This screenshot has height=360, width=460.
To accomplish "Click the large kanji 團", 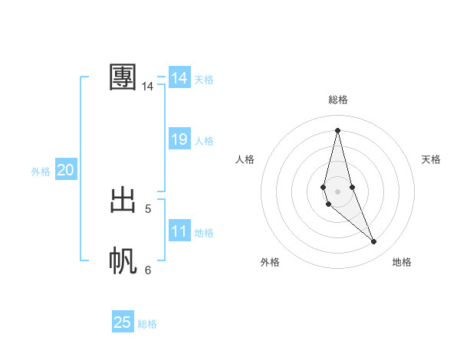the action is (123, 77).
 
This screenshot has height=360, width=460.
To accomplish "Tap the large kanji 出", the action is (123, 200).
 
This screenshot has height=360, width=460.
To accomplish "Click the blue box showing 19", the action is (179, 139).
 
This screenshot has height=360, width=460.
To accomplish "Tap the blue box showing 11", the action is (179, 231).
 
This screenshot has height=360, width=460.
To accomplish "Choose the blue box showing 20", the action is (65, 170).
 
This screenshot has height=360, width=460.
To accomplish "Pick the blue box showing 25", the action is (123, 322).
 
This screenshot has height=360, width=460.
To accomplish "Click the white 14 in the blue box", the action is (179, 78).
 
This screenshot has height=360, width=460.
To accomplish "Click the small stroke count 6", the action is (148, 270).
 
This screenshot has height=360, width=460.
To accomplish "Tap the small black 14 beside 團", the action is (148, 87).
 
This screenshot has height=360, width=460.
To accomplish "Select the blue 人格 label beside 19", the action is (204, 141).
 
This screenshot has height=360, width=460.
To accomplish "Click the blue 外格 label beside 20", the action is (41, 172).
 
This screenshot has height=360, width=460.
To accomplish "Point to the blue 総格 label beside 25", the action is (147, 324).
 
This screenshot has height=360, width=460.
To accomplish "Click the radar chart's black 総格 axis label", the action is (338, 100).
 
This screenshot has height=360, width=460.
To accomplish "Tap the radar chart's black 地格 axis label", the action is (402, 262).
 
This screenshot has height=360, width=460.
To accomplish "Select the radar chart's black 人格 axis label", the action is (245, 159).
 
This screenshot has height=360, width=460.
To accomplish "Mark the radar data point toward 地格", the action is (374, 242).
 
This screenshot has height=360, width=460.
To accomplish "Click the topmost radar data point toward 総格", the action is (337, 129).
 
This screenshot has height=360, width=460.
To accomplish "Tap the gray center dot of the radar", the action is (337, 191).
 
